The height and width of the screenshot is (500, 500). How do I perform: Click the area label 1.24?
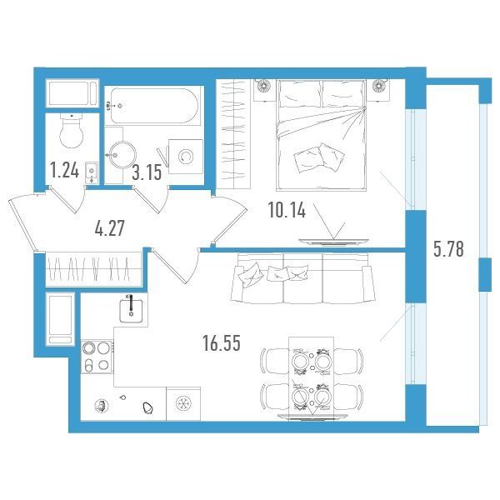(x=65, y=170)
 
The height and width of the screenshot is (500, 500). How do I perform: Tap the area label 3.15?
(x=147, y=172)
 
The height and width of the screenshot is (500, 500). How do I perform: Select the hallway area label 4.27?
(x=110, y=228)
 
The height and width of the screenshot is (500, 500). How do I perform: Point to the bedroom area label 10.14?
(x=287, y=210)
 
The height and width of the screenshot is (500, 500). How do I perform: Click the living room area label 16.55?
(x=222, y=343)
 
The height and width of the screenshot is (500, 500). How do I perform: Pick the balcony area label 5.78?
(x=448, y=249)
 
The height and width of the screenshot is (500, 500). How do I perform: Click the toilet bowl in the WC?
(x=72, y=131)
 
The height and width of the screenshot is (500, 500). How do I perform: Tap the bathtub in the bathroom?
(x=154, y=106)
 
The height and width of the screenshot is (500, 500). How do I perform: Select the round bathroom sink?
(x=122, y=155)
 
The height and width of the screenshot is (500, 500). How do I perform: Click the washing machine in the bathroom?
(x=186, y=157)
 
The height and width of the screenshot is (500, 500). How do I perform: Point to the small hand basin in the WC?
(x=92, y=172)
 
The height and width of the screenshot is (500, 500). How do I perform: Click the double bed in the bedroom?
(x=321, y=135)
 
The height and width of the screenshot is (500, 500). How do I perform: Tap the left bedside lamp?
(x=263, y=85)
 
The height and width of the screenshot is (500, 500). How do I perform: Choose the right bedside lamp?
(x=379, y=85)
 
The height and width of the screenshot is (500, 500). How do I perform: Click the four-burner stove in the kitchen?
(x=97, y=357)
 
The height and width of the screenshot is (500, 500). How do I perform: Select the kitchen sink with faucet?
(x=131, y=307)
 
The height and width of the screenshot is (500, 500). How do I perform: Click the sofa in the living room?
(x=302, y=278)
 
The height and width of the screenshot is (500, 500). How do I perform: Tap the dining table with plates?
(x=311, y=377)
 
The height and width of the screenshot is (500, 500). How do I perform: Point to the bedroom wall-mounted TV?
(x=334, y=242)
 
